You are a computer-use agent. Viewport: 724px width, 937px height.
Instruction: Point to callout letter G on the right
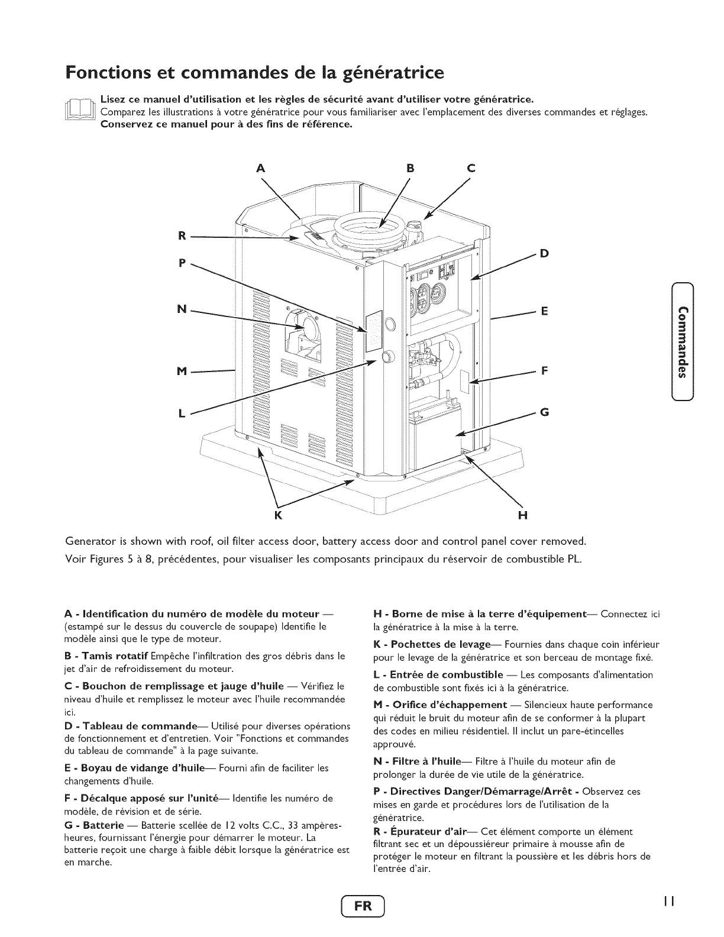point(544,412)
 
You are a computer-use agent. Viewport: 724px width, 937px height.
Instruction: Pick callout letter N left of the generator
point(182,309)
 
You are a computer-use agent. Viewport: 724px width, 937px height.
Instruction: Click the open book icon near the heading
point(82,111)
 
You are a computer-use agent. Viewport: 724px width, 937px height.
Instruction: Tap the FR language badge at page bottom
point(362,907)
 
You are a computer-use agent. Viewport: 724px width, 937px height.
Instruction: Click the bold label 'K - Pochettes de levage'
point(435,644)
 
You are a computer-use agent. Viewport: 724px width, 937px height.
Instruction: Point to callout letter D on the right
point(544,254)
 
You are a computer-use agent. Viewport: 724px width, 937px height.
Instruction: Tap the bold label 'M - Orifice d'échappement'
point(441,705)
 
